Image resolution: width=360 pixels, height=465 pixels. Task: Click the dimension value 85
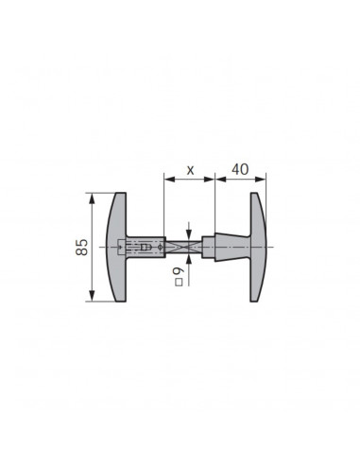pos(82,248)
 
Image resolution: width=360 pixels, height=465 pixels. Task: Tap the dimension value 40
pos(239,170)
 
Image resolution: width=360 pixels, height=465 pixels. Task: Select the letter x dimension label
pos(190,171)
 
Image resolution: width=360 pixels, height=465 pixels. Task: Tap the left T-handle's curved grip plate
pos(117,248)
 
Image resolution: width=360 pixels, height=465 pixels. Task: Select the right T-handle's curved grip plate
pos(258,248)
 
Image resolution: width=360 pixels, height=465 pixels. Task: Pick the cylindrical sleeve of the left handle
pos(142,248)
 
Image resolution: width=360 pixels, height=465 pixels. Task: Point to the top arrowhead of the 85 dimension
pos(92,198)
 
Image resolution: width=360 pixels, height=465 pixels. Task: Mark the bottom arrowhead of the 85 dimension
pos(92,298)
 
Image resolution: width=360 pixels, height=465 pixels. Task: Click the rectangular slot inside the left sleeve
pos(147,248)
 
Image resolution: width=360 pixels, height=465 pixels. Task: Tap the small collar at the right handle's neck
pos(214,248)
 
